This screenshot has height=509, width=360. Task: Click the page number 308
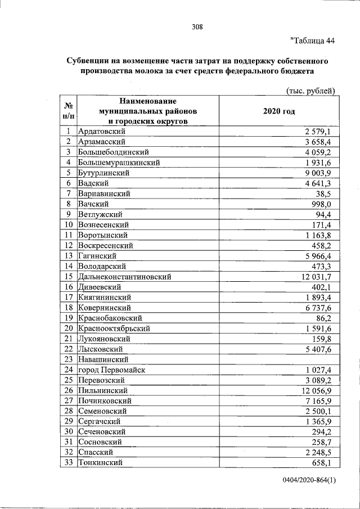(196, 26)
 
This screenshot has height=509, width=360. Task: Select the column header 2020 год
(278, 111)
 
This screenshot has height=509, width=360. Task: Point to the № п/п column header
(67, 111)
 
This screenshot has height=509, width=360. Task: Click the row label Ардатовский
(101, 131)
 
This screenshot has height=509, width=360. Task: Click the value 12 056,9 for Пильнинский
(319, 390)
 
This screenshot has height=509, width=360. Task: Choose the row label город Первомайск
(112, 370)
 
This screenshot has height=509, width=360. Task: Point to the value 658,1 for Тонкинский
(326, 463)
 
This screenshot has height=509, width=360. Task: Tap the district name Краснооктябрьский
(115, 328)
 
